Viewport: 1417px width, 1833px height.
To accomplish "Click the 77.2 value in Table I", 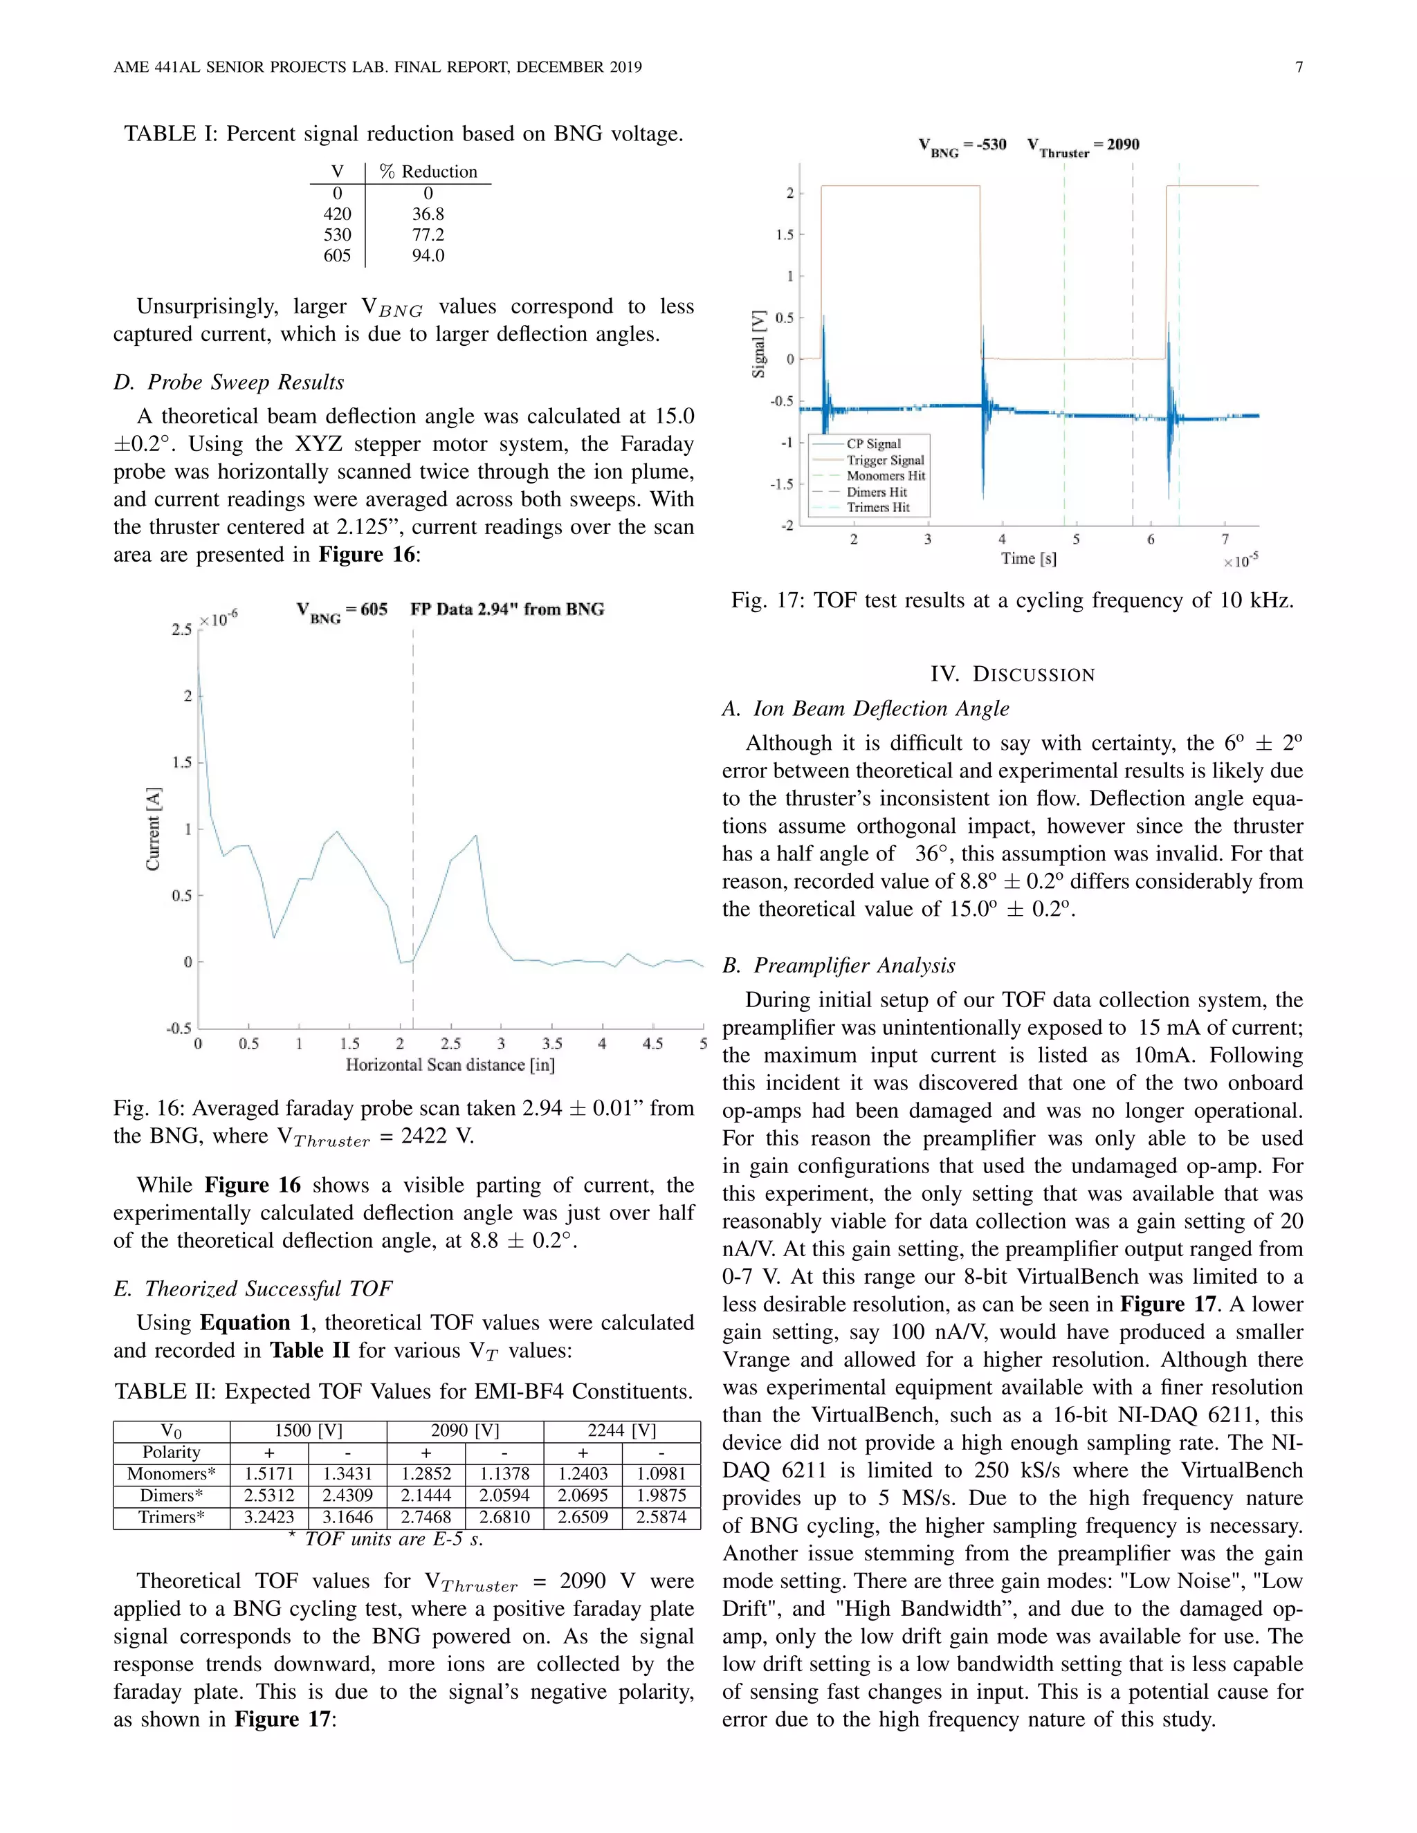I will tap(428, 235).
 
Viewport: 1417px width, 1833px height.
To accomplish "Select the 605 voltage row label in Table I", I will tap(338, 256).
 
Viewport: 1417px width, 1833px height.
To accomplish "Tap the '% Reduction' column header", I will tap(428, 172).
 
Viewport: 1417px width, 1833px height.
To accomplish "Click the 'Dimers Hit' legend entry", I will tap(877, 492).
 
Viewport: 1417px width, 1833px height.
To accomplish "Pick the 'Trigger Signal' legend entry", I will tap(885, 460).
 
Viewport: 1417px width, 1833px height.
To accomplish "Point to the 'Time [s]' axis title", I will tap(1028, 558).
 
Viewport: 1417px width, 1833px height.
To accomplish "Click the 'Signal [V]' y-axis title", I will tap(759, 344).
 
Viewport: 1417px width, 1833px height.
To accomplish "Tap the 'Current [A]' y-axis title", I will tap(153, 829).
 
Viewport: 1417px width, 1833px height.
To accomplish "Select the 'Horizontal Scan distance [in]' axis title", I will tap(450, 1065).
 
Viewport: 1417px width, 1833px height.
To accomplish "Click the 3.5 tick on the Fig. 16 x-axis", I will tap(551, 1043).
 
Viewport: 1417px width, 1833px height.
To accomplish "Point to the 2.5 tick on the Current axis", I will tap(182, 629).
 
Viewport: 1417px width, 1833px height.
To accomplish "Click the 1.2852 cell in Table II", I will tap(426, 1474).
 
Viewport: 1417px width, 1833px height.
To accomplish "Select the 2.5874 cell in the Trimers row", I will tap(661, 1518).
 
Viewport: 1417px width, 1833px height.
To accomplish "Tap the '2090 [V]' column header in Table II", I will tap(464, 1430).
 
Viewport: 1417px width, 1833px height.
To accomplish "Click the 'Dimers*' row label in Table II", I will tap(172, 1495).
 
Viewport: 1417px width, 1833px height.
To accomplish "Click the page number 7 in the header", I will tap(1299, 67).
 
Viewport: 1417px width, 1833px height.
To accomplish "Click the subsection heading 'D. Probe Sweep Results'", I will tap(229, 382).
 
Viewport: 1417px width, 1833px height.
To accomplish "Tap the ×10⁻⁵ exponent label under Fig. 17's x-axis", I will tap(1240, 561).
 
